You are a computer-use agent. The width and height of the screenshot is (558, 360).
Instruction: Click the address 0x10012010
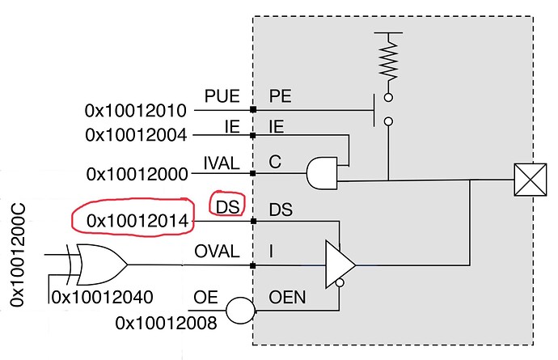pyautogui.click(x=136, y=111)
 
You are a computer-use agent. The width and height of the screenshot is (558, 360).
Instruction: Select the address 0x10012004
pyautogui.click(x=136, y=135)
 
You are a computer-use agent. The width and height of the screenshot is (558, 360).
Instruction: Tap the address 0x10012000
pyautogui.click(x=137, y=175)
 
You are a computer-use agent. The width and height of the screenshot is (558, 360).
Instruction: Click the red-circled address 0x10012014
pyautogui.click(x=137, y=221)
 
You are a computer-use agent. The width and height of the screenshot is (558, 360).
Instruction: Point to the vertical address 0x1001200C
pyautogui.click(x=18, y=255)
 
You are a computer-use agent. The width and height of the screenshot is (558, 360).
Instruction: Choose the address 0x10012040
pyautogui.click(x=103, y=297)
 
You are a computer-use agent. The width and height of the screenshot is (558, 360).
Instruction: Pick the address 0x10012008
pyautogui.click(x=167, y=324)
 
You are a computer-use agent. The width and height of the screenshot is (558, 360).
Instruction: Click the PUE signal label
pyautogui.click(x=222, y=96)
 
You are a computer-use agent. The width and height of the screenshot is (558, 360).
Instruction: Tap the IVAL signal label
pyautogui.click(x=222, y=163)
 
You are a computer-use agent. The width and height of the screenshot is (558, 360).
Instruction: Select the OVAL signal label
pyautogui.click(x=217, y=252)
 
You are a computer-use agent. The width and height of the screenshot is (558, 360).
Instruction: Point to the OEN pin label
pyautogui.click(x=287, y=298)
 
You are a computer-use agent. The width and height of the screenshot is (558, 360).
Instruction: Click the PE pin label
pyautogui.click(x=281, y=96)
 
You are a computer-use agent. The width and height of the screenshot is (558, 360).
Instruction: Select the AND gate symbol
pyautogui.click(x=322, y=173)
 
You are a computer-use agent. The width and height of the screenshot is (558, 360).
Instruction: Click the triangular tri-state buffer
pyautogui.click(x=340, y=265)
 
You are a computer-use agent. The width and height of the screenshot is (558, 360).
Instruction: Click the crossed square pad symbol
pyautogui.click(x=531, y=180)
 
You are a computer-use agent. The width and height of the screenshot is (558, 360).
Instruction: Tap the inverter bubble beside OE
pyautogui.click(x=240, y=311)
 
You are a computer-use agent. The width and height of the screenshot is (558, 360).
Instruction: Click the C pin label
pyautogui.click(x=275, y=162)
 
